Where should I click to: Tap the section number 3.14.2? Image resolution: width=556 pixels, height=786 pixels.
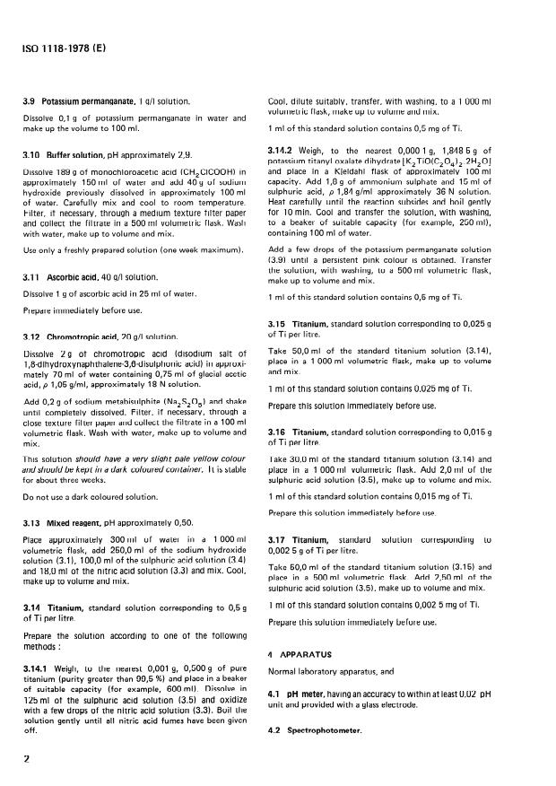(x=284, y=149)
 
